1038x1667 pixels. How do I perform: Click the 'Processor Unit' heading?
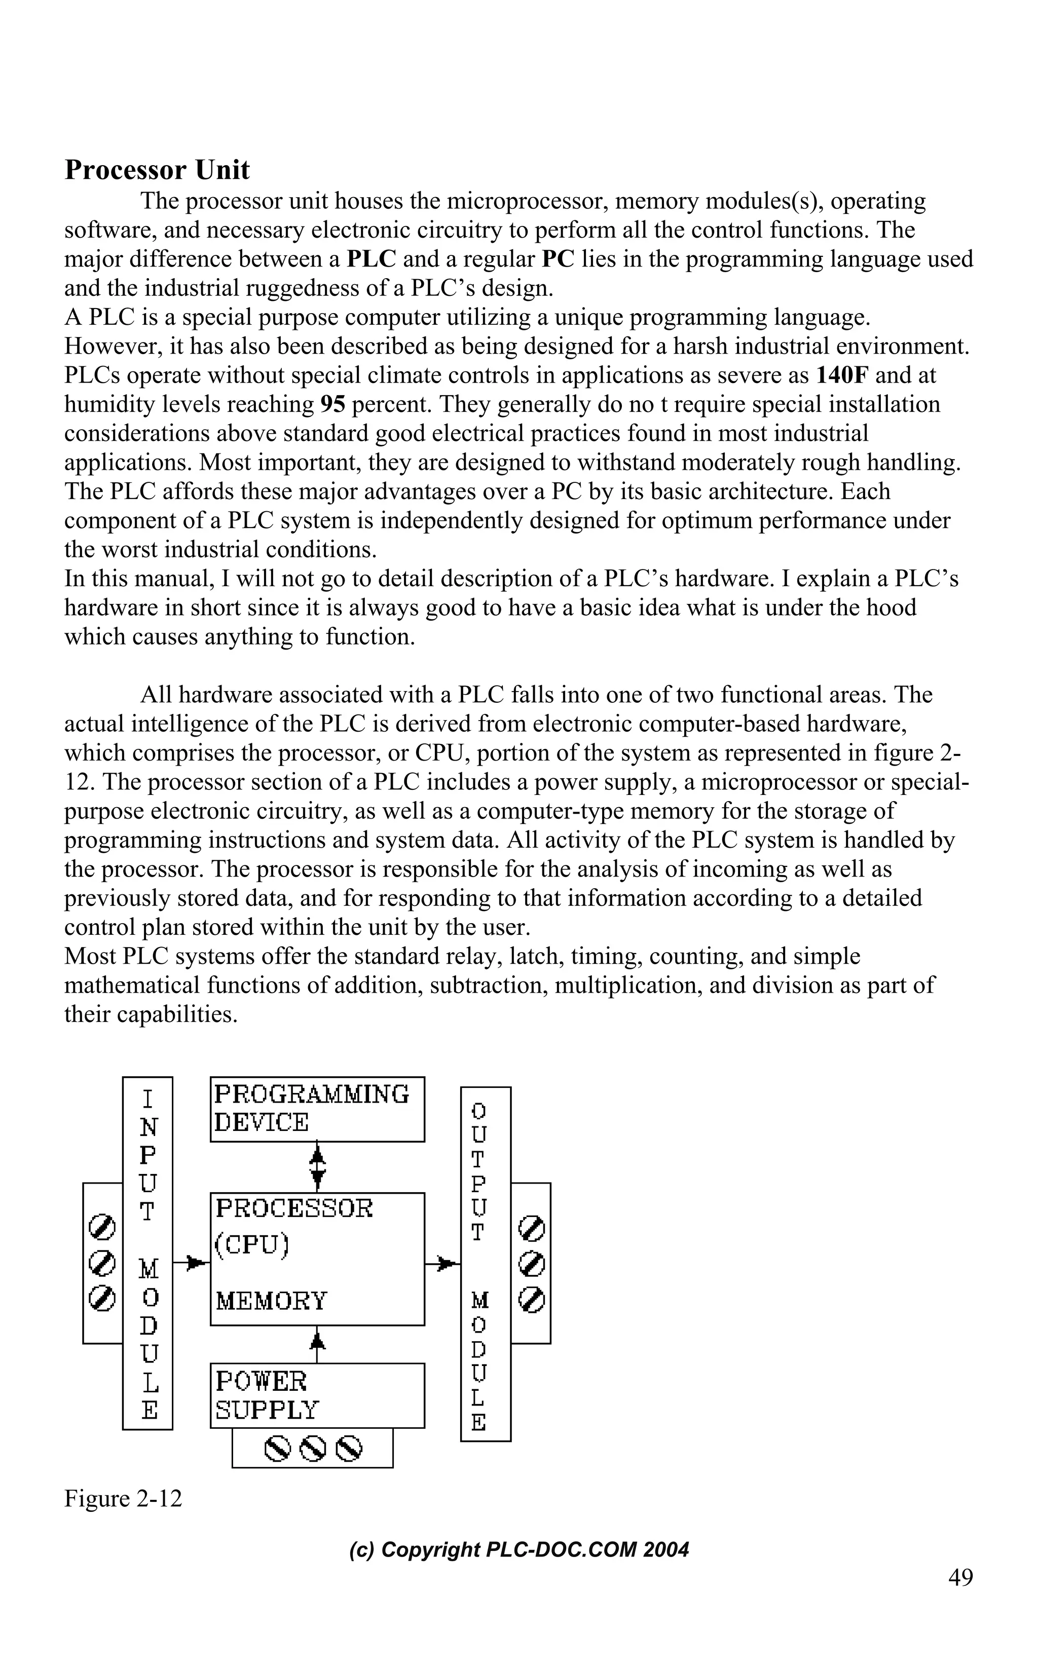tap(157, 170)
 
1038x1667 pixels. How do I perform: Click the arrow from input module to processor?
tap(192, 1262)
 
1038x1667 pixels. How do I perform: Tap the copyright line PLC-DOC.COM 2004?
tap(519, 1549)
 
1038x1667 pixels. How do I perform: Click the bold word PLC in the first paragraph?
tap(372, 259)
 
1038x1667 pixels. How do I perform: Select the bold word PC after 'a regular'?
tap(558, 259)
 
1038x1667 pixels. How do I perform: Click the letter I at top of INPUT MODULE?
tap(147, 1100)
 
